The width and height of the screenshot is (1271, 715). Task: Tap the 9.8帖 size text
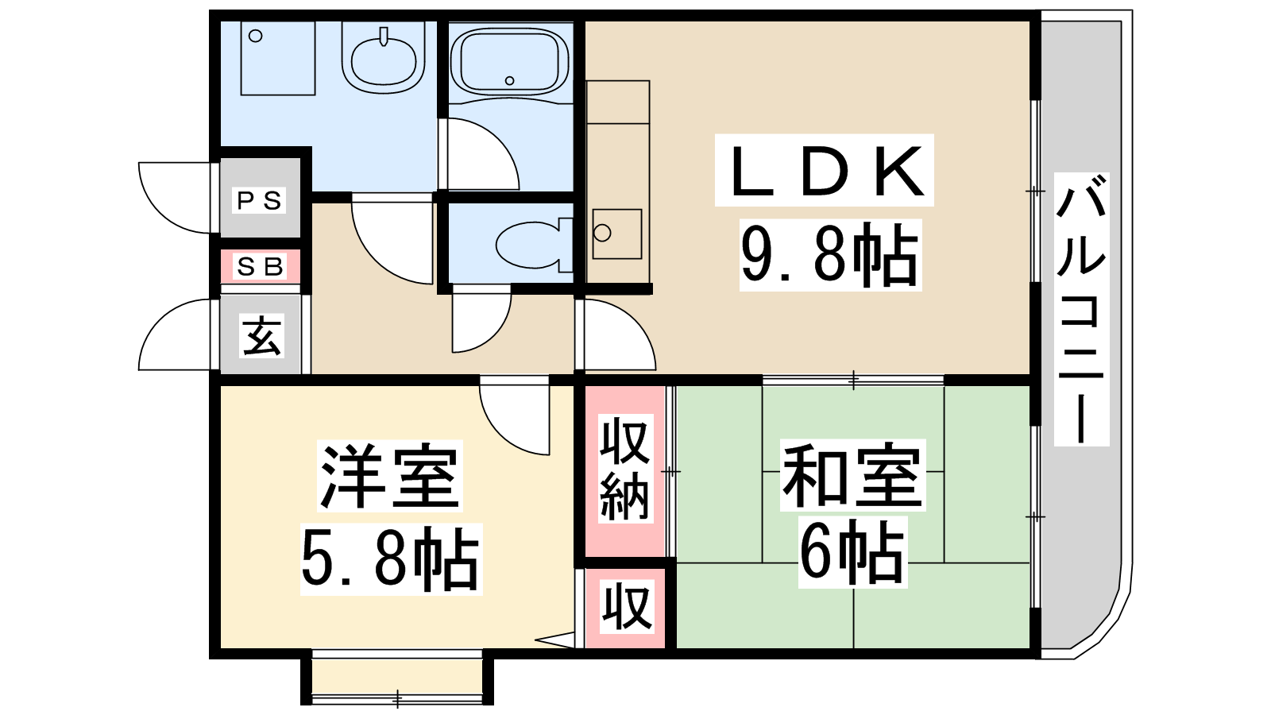[x=829, y=255]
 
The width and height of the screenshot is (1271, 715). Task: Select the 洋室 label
[x=390, y=476]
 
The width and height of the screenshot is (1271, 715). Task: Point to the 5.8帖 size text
[x=391, y=559]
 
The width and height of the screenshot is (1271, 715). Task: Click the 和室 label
[x=853, y=476]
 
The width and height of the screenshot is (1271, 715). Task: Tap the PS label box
[x=259, y=200]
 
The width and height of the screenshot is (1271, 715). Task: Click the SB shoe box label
[x=261, y=266]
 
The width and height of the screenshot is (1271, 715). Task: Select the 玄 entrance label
[x=262, y=336]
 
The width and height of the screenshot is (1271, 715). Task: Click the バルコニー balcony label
[x=1081, y=309]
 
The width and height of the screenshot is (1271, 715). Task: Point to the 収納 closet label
[x=625, y=469]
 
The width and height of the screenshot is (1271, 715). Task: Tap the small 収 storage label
[x=627, y=607]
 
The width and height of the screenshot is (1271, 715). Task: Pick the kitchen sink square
[x=617, y=234]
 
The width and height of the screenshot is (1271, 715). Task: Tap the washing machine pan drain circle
[x=256, y=36]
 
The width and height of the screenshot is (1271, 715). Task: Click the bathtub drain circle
[x=509, y=80]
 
